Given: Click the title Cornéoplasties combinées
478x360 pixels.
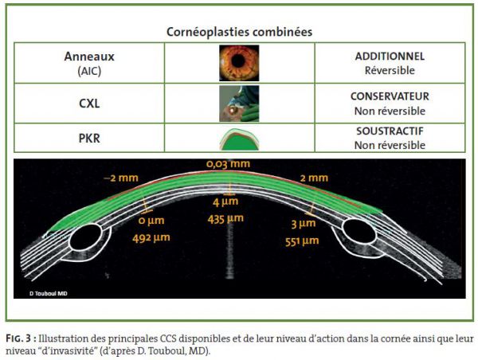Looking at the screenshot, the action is click(239, 32).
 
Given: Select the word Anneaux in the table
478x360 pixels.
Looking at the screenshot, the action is click(89, 57).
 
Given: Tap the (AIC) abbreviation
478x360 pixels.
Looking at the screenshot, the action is click(89, 71).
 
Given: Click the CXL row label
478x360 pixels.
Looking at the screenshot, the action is click(89, 104).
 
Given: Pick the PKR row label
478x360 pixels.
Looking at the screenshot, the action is click(89, 138).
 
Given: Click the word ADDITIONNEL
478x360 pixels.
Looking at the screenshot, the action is click(390, 57).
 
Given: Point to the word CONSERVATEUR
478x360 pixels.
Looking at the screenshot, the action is click(390, 96).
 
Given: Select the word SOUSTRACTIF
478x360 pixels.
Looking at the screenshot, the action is click(390, 131).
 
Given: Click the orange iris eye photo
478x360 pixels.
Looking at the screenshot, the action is click(239, 63).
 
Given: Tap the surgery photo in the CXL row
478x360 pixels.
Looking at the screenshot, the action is click(239, 104).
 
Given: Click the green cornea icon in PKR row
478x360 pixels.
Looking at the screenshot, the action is click(239, 139).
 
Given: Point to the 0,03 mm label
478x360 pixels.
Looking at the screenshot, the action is click(228, 164).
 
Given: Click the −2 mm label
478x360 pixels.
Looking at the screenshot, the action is click(121, 178).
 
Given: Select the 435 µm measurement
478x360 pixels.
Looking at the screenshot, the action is click(225, 219).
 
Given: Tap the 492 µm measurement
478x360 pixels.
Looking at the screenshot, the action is click(151, 237).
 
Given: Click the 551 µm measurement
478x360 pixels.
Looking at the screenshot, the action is click(302, 242).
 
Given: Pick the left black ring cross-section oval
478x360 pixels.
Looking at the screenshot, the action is click(85, 238).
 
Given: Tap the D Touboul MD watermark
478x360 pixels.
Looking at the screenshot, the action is click(49, 294).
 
